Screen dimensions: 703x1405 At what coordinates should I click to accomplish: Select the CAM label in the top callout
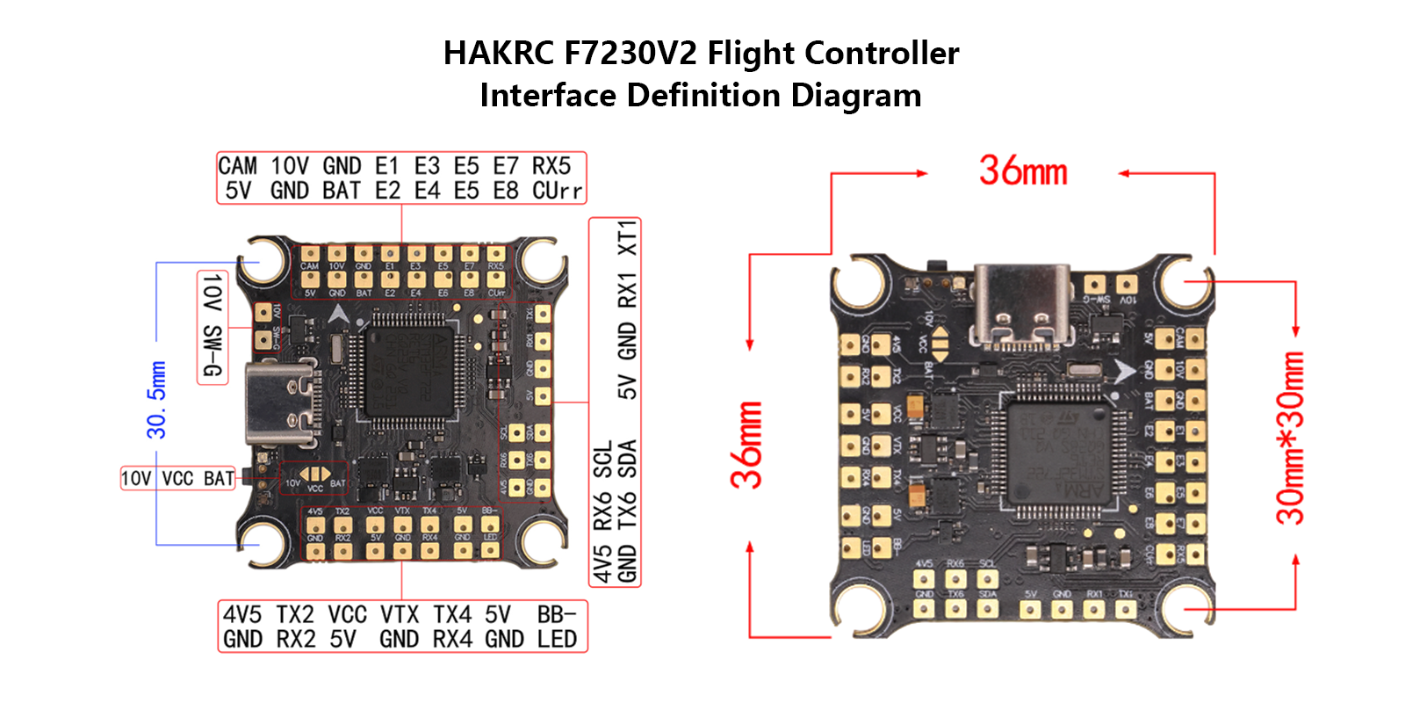click(x=237, y=166)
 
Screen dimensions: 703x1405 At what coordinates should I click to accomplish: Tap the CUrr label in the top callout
click(x=557, y=191)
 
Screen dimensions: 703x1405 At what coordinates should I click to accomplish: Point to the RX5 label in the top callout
click(x=551, y=166)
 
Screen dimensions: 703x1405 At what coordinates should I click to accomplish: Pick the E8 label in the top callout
click(x=506, y=191)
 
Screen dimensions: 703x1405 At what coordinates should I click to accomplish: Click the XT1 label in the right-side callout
click(x=627, y=238)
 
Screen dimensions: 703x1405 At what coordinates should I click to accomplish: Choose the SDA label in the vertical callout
click(x=627, y=458)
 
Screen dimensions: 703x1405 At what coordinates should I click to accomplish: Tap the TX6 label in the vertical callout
click(x=627, y=511)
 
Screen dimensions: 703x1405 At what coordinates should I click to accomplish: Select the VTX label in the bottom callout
click(x=400, y=614)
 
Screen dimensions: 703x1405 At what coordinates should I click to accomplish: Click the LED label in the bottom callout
click(x=557, y=639)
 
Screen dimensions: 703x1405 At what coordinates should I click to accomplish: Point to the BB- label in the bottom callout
click(x=557, y=614)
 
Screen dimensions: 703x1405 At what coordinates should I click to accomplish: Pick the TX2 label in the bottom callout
click(x=295, y=614)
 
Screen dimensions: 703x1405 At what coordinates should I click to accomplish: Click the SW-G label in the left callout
click(x=213, y=351)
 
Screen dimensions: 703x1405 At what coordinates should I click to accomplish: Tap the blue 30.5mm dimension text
click(x=156, y=400)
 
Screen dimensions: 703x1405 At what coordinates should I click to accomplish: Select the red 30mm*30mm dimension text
click(x=1290, y=437)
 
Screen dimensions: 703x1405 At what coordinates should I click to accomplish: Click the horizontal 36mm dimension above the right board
click(x=1023, y=170)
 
